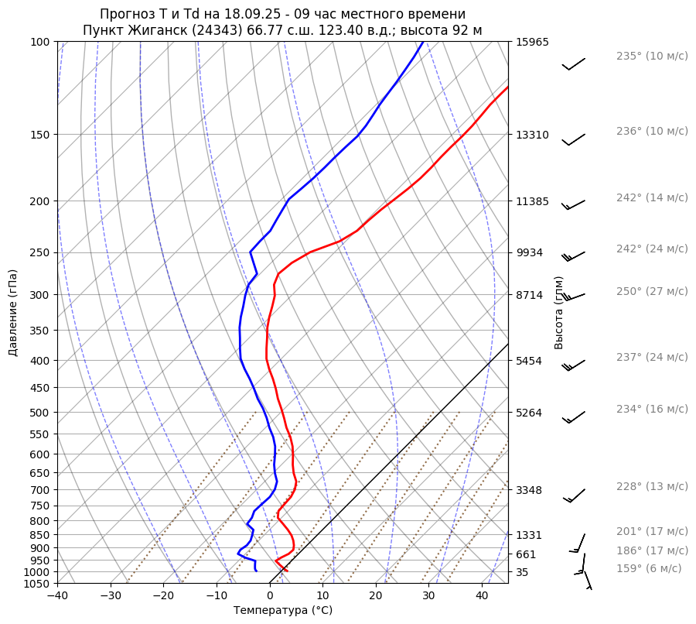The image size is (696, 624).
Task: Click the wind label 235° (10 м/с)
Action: click(x=651, y=57)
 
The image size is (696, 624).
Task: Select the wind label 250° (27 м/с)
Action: click(x=651, y=292)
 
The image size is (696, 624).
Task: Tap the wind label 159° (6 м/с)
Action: click(x=648, y=569)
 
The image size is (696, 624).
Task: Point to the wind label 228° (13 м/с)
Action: click(x=651, y=487)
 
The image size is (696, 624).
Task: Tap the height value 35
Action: click(x=522, y=572)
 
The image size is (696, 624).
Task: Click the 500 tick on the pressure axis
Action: click(x=41, y=413)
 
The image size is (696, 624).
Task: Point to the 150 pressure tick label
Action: click(x=41, y=135)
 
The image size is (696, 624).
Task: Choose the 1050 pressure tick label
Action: click(x=38, y=584)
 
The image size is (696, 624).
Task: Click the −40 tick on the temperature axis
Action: click(x=57, y=596)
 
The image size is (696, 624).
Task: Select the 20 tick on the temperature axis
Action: click(x=376, y=596)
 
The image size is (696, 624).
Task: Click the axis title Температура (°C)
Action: click(x=283, y=611)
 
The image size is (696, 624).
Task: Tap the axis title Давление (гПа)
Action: click(x=13, y=313)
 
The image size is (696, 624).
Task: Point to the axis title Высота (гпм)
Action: click(x=559, y=312)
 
